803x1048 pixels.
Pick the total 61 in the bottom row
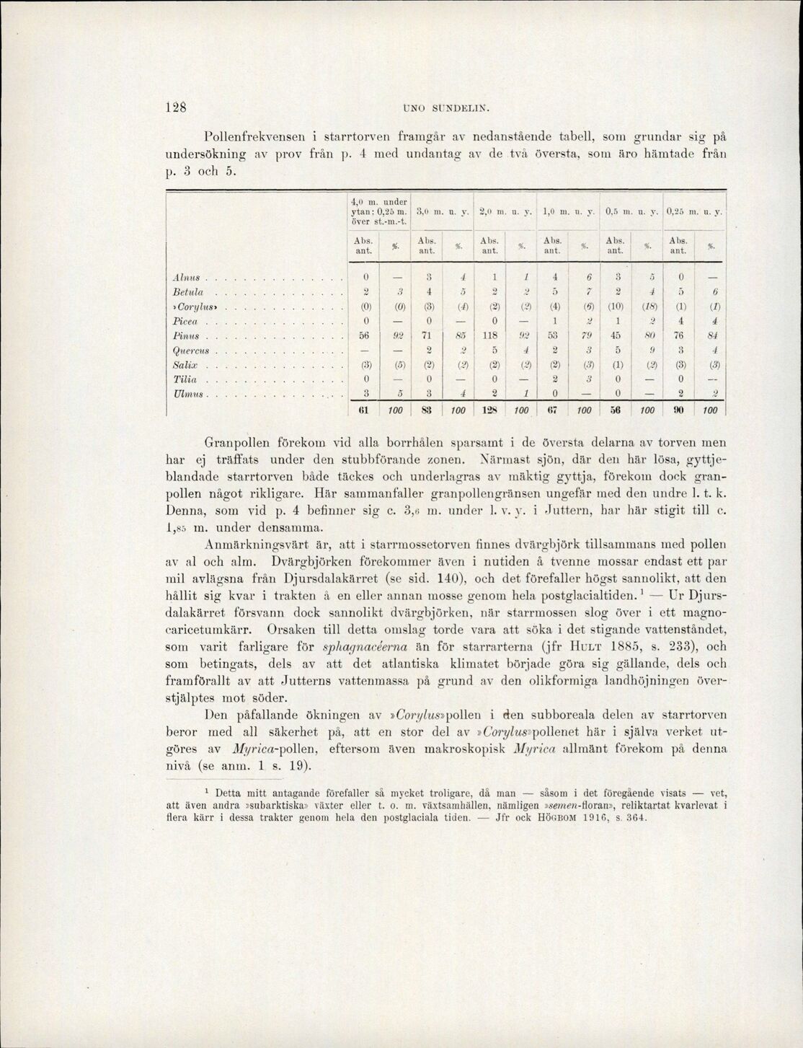[365, 411]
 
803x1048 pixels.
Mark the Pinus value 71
[428, 337]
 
